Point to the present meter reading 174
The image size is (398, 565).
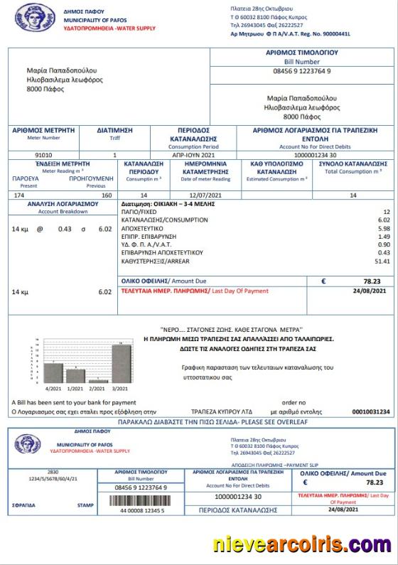19,194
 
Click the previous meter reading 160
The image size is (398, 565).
107,194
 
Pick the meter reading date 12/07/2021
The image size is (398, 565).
206,194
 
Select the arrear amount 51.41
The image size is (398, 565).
382,262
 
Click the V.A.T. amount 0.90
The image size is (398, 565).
384,244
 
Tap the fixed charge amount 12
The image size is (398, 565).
386,212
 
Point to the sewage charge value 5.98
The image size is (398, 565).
384,228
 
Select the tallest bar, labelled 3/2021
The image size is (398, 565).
122,364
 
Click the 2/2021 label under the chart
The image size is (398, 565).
98,389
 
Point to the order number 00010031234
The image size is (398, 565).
372,411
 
